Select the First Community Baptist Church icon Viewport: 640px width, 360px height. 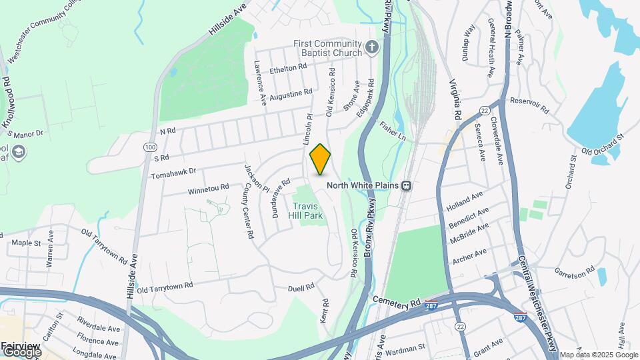point(372,48)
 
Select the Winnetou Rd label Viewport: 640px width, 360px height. point(208,189)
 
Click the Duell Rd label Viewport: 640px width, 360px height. point(301,287)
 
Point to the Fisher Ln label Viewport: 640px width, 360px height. point(393,129)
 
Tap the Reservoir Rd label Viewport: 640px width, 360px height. point(529,104)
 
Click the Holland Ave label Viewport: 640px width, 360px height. point(466,199)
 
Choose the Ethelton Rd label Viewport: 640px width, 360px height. point(287,67)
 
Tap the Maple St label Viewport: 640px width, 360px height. point(27,243)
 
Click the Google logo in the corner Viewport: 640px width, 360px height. point(21,351)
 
